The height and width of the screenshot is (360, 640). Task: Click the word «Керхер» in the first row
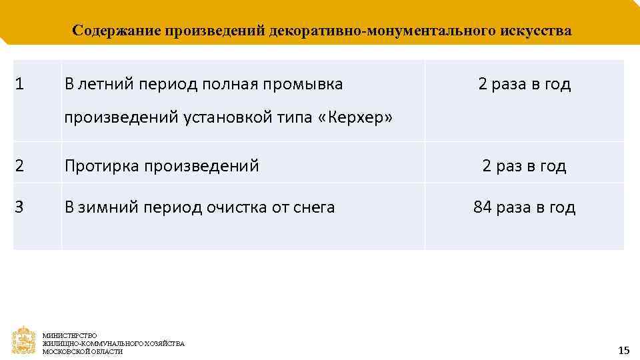[x=356, y=118]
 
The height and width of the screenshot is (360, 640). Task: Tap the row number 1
[x=19, y=85]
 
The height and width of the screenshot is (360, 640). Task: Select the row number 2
[x=19, y=166]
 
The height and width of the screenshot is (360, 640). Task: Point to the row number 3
[x=19, y=207]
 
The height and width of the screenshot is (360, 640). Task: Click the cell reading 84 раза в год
[x=524, y=207]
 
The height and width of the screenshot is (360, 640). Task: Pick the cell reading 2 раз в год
[x=524, y=166]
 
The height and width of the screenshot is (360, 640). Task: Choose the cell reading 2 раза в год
[x=524, y=85]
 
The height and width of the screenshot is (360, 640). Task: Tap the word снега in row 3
[x=313, y=207]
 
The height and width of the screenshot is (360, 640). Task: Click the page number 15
[x=623, y=350]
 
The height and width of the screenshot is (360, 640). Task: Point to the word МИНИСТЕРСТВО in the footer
[x=69, y=335]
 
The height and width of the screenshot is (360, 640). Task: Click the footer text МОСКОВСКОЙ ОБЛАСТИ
[x=83, y=351]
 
